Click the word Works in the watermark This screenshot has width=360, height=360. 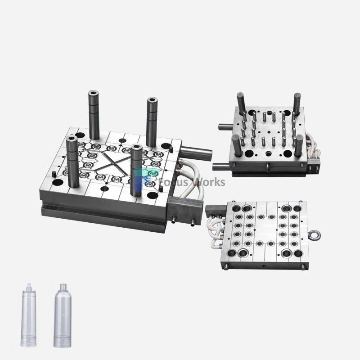click(x=210, y=182)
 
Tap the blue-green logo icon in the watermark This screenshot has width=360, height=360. click(x=148, y=179)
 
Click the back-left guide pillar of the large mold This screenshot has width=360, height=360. click(x=94, y=115)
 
